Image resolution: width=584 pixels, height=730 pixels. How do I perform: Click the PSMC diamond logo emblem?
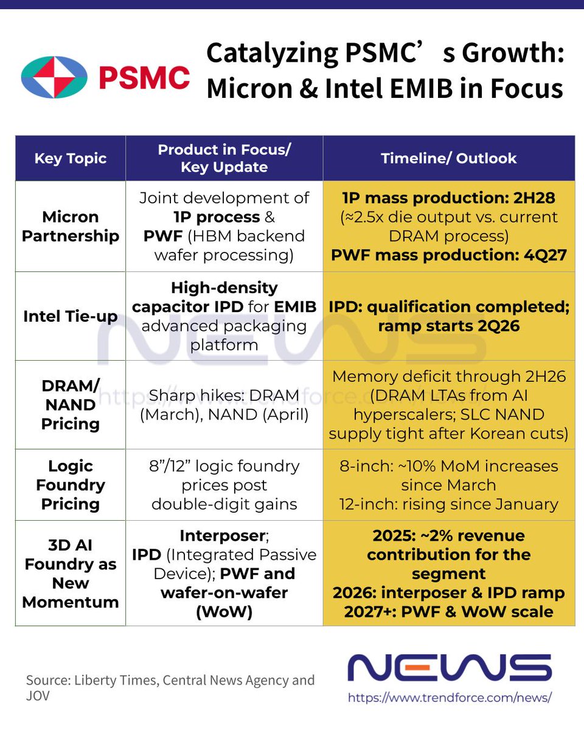54,77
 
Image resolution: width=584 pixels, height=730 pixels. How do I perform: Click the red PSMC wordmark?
144,78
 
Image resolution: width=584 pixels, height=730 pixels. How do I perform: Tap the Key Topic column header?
71,159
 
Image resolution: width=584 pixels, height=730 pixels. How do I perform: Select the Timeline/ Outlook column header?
448,159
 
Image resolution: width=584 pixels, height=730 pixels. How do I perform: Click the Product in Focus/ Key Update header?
224,159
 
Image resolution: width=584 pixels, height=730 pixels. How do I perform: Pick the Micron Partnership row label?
71,226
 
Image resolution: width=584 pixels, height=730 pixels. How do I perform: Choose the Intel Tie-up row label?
71,316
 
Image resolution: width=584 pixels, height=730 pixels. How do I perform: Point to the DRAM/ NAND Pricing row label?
71,405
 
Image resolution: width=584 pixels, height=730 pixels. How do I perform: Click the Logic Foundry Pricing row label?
71,485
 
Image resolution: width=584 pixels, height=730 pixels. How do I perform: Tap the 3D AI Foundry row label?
71,574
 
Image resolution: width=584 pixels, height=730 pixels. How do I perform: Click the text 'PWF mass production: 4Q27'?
448,255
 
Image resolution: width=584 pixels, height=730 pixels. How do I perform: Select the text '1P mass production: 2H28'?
448,198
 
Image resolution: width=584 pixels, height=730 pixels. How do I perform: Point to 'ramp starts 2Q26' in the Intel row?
448,326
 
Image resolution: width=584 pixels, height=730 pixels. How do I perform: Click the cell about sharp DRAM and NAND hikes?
224,405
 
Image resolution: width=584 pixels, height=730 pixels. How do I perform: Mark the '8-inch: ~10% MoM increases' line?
448,467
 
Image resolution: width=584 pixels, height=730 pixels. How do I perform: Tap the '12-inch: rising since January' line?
448,504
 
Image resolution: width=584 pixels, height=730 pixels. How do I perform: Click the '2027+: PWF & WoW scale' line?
448,611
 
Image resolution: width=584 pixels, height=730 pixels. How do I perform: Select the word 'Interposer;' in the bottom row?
224,536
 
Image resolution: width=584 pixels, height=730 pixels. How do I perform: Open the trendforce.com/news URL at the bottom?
450,697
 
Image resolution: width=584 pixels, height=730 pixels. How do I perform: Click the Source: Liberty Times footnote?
170,680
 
